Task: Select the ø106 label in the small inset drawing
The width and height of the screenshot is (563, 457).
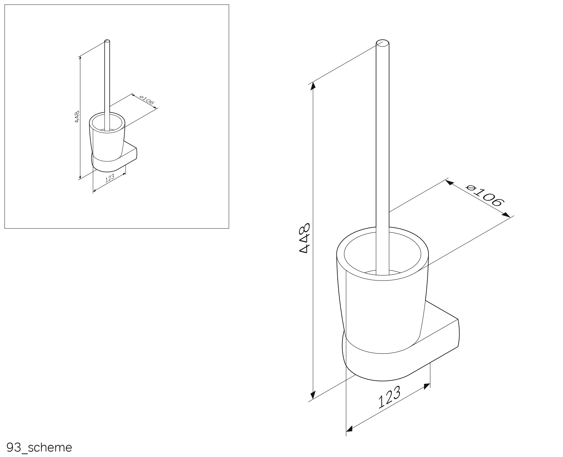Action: coord(147,100)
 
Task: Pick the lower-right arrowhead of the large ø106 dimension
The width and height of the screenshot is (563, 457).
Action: coord(506,215)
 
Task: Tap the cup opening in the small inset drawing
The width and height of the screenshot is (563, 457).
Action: coord(107,123)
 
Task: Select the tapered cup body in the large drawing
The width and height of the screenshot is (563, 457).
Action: coord(382,303)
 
